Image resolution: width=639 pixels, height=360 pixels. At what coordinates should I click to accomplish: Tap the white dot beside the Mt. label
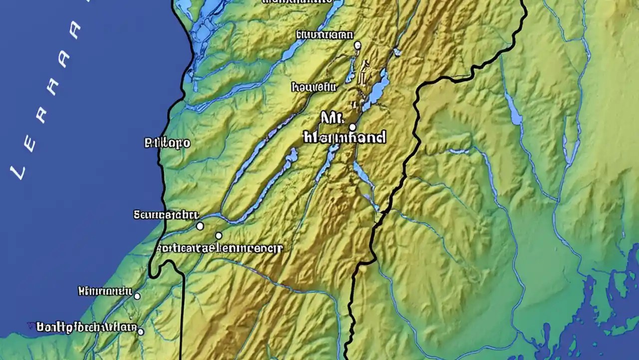tap(352, 126)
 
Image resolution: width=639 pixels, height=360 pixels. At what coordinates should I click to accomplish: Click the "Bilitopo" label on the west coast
tap(167, 143)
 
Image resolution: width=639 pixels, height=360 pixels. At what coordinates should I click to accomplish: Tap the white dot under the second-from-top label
tap(357, 45)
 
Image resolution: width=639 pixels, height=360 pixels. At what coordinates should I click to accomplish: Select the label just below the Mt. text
tap(344, 137)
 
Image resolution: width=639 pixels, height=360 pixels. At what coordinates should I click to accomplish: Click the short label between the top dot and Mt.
tap(314, 87)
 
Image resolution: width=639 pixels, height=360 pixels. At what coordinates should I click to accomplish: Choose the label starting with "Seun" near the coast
tap(166, 215)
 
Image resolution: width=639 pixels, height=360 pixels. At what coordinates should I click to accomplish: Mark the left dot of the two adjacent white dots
tap(200, 226)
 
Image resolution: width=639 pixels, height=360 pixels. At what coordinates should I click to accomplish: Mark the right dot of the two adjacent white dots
tap(219, 235)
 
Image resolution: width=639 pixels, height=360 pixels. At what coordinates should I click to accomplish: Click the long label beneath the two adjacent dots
tap(220, 247)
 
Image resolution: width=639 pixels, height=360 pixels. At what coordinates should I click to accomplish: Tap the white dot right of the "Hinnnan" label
tap(137, 296)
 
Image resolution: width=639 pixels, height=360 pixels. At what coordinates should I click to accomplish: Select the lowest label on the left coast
tap(86, 327)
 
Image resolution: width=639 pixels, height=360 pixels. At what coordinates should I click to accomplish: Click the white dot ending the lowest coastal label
tap(141, 331)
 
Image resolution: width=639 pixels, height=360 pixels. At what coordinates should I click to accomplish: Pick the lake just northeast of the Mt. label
tap(378, 90)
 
